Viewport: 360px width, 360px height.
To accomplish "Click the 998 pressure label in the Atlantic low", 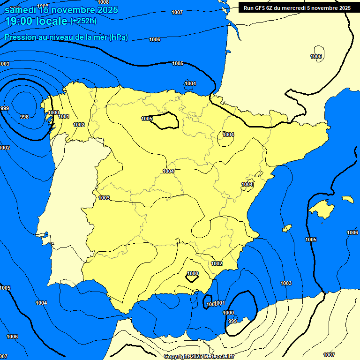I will (x=24, y=117).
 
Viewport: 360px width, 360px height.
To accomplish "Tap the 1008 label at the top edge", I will (x=103, y=2).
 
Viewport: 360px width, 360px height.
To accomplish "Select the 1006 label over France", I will (x=316, y=56).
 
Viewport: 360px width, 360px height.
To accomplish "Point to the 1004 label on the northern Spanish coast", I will (x=190, y=84).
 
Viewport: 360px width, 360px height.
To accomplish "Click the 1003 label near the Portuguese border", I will (x=104, y=198).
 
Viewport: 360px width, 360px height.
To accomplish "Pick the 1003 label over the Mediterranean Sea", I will (x=286, y=283).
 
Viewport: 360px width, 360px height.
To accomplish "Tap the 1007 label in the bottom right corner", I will (x=329, y=355).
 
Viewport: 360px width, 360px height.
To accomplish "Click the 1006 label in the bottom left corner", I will (x=12, y=337).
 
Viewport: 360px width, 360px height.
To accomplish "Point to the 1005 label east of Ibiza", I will (x=311, y=240).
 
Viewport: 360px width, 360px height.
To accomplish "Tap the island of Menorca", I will (x=347, y=199).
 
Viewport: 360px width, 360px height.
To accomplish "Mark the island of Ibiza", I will (x=286, y=228).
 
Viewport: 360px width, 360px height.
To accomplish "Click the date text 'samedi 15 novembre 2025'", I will (x=61, y=9).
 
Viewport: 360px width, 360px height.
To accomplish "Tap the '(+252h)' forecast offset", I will (x=83, y=21).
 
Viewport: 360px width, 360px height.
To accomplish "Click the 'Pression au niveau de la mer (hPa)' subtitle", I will (x=66, y=37).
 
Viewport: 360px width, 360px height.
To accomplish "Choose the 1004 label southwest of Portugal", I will (x=41, y=303).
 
